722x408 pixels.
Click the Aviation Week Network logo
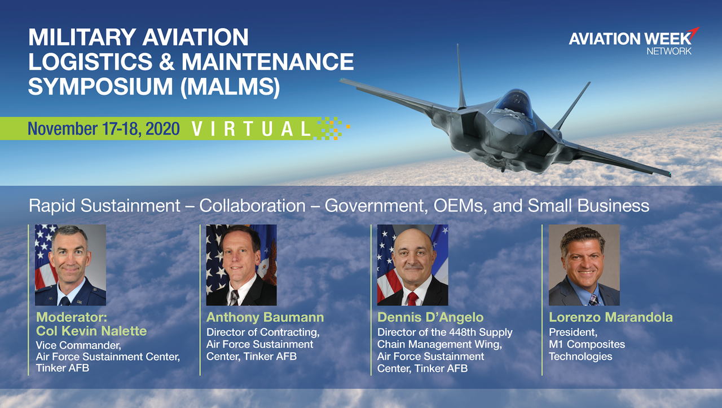click(x=633, y=42)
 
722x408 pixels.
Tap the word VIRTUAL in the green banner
click(x=251, y=129)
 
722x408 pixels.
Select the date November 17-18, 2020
click(x=104, y=129)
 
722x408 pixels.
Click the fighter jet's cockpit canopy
click(x=513, y=103)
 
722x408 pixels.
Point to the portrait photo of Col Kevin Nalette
click(x=71, y=265)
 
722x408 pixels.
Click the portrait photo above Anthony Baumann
click(x=241, y=265)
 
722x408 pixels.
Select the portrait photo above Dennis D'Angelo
click(x=412, y=265)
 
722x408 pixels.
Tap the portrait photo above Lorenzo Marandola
click(x=584, y=265)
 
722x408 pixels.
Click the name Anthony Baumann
click(x=265, y=317)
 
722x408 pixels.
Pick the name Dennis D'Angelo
click(x=430, y=317)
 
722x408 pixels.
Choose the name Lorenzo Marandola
click(x=611, y=317)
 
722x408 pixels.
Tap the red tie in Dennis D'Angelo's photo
click(x=412, y=299)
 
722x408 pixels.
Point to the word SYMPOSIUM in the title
click(x=100, y=86)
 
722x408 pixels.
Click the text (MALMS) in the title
click(x=230, y=87)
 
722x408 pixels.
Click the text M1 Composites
click(x=587, y=344)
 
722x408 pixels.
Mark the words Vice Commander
click(x=78, y=345)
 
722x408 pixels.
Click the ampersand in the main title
click(x=166, y=61)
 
